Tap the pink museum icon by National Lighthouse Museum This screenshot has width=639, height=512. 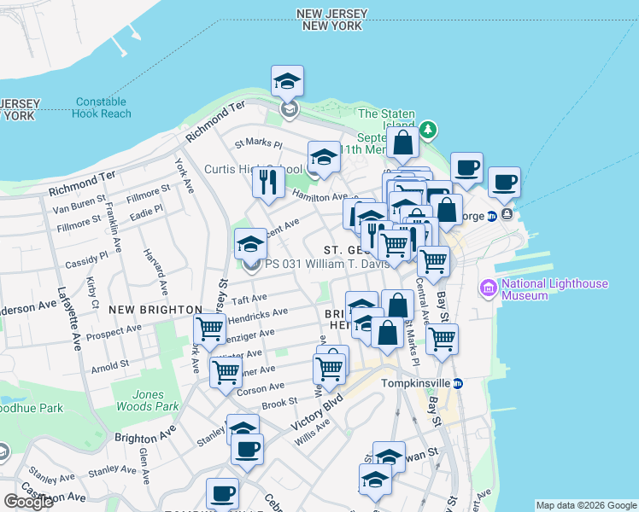click(489, 288)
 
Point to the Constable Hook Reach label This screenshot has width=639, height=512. click(102, 108)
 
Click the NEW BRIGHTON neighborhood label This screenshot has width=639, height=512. click(155, 310)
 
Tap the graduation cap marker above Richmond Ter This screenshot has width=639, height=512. click(288, 83)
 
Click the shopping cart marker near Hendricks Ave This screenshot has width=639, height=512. click(208, 329)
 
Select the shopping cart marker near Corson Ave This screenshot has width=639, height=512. click(226, 372)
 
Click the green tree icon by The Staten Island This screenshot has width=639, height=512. click(428, 131)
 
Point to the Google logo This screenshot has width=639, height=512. click(28, 502)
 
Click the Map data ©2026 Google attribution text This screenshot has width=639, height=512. click(585, 505)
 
